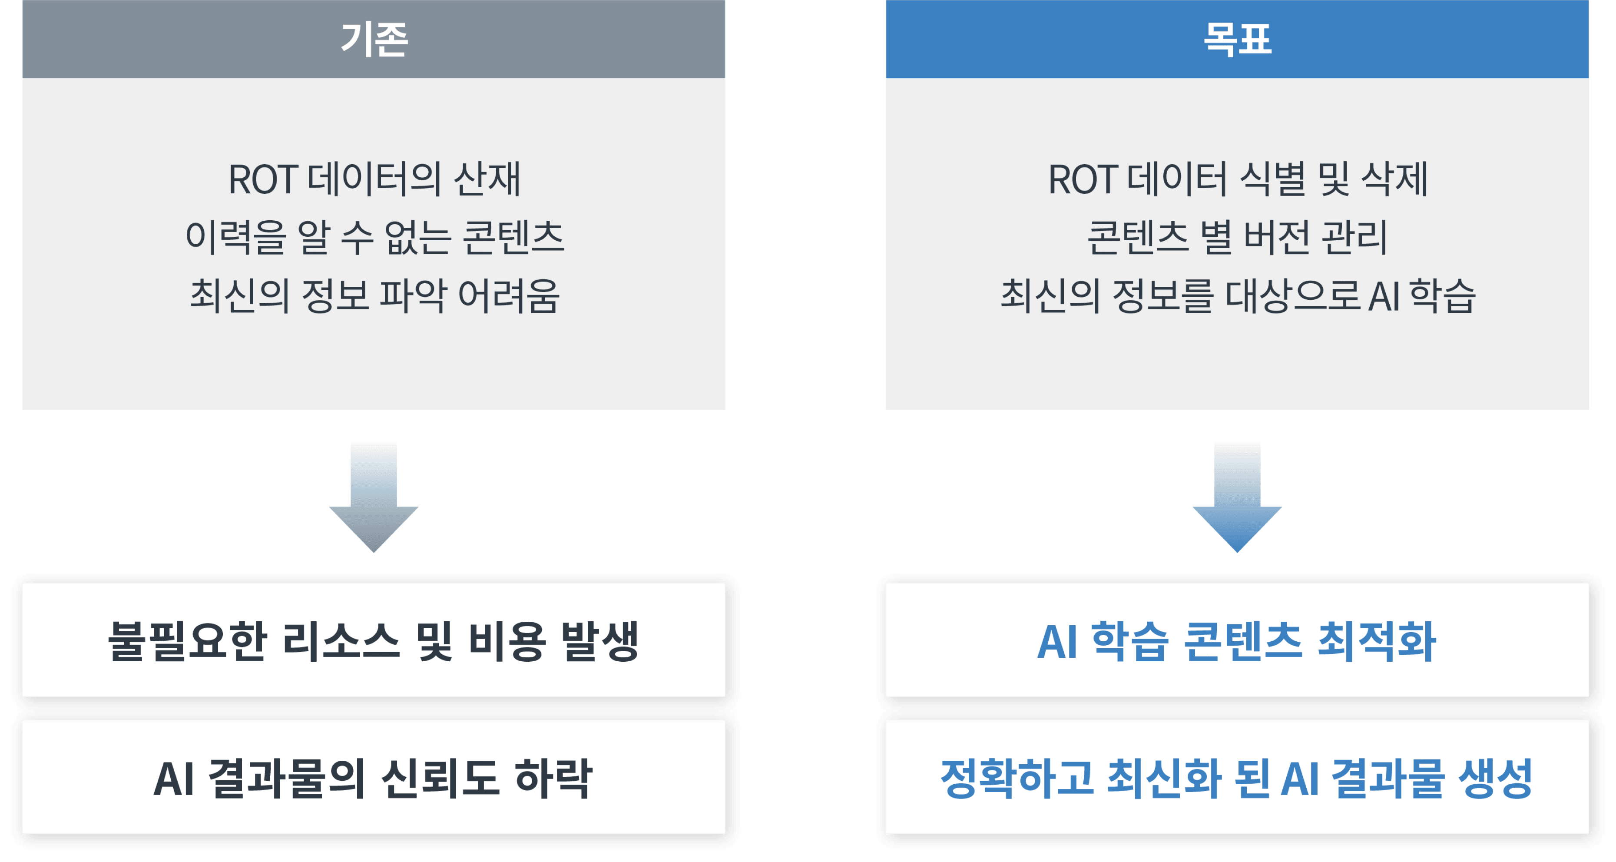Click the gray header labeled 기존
[374, 39]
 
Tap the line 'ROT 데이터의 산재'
[374, 179]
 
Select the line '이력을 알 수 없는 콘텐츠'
[374, 238]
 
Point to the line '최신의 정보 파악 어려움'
[374, 295]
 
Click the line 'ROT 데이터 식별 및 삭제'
[1237, 179]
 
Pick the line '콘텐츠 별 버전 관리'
[1237, 238]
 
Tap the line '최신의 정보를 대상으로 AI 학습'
[1237, 295]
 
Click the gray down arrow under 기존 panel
[374, 496]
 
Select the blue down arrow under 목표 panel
[1237, 496]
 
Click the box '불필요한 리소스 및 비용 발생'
[374, 640]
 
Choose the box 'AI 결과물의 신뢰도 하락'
[374, 778]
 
